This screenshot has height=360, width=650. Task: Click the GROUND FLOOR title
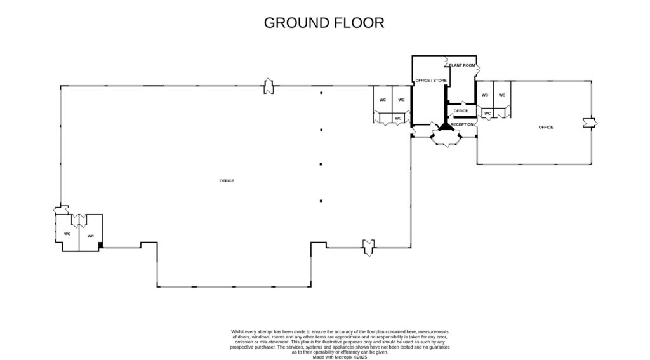click(324, 23)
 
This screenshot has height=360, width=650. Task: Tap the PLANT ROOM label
click(462, 65)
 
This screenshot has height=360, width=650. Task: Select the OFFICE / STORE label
click(431, 81)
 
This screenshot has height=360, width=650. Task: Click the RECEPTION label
click(462, 124)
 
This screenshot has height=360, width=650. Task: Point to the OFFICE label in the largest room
click(227, 181)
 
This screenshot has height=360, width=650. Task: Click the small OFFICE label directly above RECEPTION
click(461, 111)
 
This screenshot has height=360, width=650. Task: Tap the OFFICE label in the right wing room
click(546, 128)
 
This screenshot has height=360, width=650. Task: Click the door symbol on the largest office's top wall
click(269, 86)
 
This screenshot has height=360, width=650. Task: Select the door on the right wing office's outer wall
click(590, 123)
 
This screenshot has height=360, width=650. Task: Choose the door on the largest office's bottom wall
click(369, 247)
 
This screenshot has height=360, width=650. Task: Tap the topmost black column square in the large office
click(321, 93)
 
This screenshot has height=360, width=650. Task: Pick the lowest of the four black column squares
click(321, 201)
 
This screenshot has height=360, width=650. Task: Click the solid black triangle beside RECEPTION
click(446, 126)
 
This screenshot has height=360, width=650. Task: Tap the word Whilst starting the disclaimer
click(237, 332)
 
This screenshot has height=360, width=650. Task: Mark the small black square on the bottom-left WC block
click(100, 246)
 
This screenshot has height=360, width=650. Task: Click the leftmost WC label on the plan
click(67, 234)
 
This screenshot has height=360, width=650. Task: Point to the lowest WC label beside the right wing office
click(487, 114)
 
